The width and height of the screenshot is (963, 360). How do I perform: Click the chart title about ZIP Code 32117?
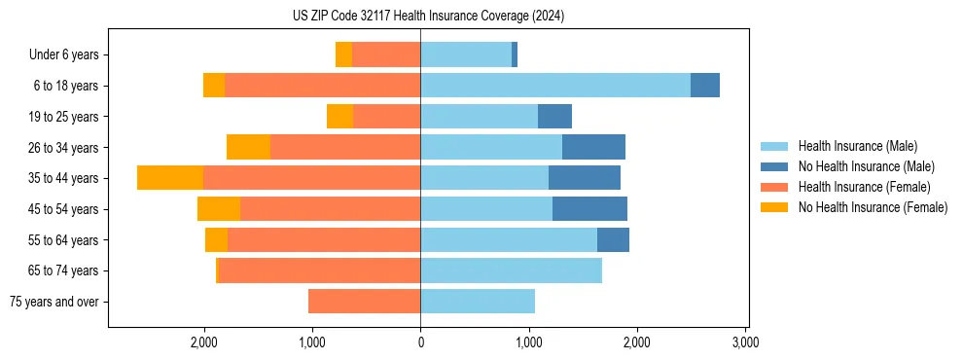tap(428, 17)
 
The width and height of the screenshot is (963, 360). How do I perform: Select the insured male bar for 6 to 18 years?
tap(555, 86)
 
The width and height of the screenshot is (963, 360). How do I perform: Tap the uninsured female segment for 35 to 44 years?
tap(170, 178)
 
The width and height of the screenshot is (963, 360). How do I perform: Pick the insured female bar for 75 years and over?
tap(364, 302)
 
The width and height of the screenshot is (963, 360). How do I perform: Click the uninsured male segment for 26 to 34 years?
tap(593, 147)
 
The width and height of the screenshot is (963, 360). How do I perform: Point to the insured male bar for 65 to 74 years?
tap(511, 270)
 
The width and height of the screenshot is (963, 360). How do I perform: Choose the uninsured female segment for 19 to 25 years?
tap(339, 117)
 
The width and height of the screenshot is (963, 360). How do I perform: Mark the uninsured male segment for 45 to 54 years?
tap(589, 209)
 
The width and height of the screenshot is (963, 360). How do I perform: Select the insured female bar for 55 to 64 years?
tap(324, 239)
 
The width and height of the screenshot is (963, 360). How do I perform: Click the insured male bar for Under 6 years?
tap(466, 54)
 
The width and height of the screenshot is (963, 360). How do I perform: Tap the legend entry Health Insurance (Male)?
tap(857, 146)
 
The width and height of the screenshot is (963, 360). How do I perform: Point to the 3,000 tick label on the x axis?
tap(745, 342)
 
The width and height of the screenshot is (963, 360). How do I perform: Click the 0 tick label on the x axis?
tap(420, 342)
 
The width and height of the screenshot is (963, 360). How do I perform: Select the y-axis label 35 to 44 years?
tap(64, 178)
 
